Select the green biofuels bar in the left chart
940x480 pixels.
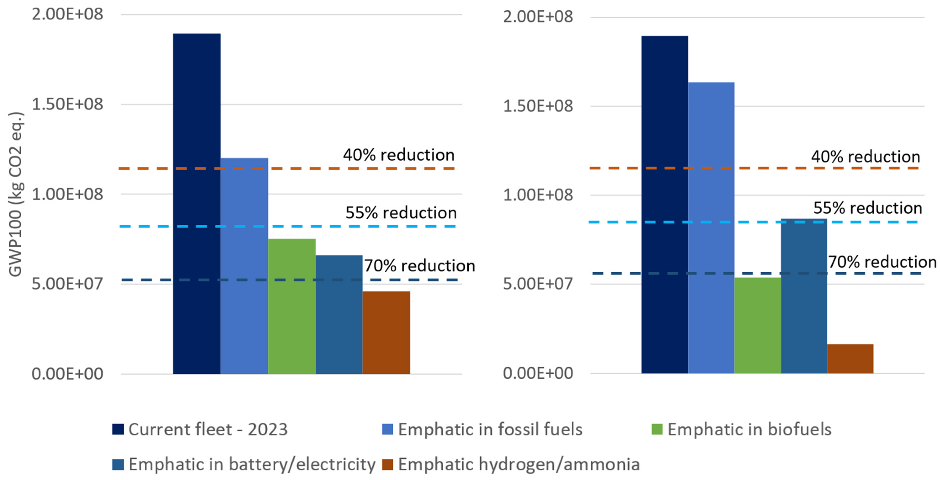coord(292,306)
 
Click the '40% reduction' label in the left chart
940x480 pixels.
coord(399,155)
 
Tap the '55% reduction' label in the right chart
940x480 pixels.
coord(867,208)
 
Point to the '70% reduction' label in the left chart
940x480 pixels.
coord(420,265)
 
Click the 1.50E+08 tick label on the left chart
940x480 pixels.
coord(67,104)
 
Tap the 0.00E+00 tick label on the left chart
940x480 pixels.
coord(67,374)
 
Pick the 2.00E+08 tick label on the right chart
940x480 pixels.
coord(538,17)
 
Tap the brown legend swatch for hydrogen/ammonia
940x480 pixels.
coord(388,465)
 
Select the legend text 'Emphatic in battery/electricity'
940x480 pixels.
coord(252,465)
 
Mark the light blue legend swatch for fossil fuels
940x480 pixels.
coord(388,429)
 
